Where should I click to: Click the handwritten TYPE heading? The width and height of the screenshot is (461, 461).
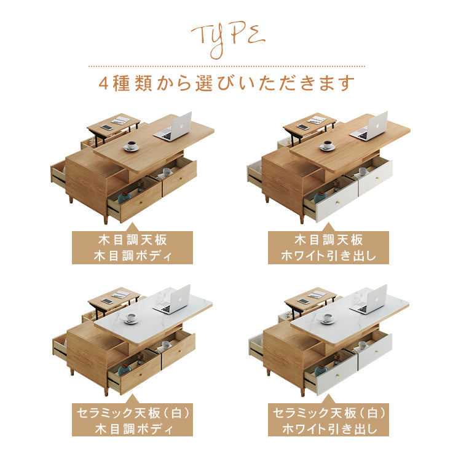pos(228,40)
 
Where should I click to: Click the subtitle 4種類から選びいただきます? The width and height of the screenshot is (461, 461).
pos(227,83)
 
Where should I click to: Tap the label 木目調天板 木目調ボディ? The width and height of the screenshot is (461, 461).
pos(132,248)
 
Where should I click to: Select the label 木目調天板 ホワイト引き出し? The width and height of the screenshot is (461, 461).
pos(328,248)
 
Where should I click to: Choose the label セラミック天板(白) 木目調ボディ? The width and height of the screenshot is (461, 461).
pos(132,420)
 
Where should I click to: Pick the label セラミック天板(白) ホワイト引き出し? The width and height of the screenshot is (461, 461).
pos(328,420)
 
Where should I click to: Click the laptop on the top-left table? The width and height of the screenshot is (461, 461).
pos(173,127)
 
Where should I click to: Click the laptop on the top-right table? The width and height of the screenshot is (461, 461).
pos(369,127)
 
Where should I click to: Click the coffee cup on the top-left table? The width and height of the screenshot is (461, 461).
pos(131,146)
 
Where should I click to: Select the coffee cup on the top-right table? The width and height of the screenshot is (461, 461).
pos(326,146)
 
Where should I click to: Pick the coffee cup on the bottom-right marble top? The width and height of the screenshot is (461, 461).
pos(326,318)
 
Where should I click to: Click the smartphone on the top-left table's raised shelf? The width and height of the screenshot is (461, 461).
pos(106,127)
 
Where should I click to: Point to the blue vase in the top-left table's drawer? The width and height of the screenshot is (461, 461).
pos(124,197)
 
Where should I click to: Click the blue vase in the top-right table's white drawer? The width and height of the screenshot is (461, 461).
pos(320,197)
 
